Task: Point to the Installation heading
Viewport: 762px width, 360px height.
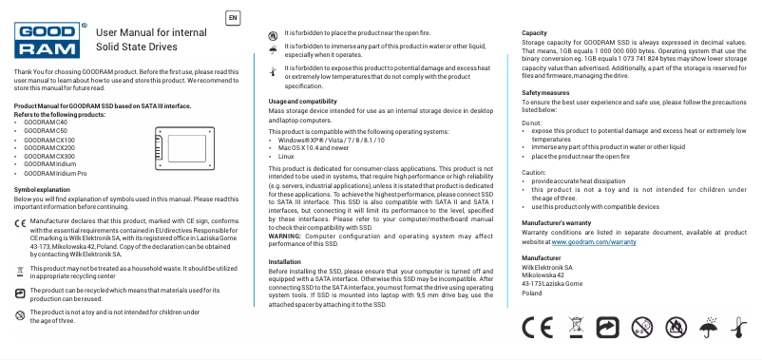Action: (285, 260)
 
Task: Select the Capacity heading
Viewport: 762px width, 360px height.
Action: (534, 33)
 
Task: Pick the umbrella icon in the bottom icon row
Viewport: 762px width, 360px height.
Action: (707, 329)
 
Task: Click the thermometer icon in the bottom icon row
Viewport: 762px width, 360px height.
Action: (737, 329)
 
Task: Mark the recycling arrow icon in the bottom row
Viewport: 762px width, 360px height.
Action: (608, 329)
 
